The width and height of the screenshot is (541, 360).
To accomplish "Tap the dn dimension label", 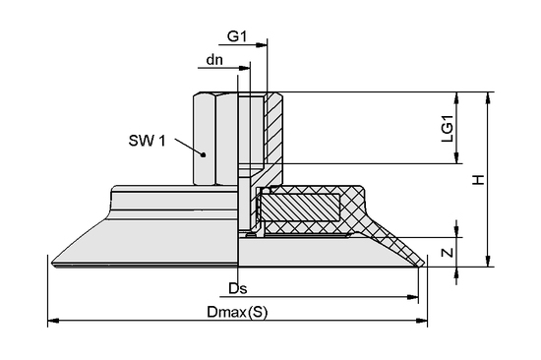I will pyautogui.click(x=214, y=60).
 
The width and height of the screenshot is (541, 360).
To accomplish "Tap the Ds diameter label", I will pyautogui.click(x=235, y=289).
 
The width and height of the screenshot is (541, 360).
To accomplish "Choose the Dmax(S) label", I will pyautogui.click(x=236, y=311).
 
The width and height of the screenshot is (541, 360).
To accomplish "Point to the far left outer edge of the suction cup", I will pyautogui.click(x=49, y=259).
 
